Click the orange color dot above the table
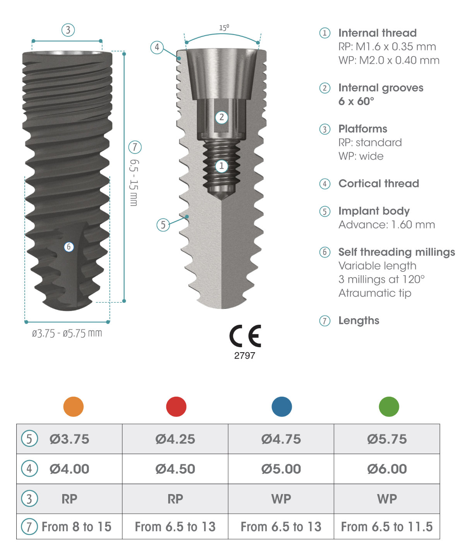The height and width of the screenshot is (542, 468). [73, 407]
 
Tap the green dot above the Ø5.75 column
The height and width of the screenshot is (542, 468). [389, 407]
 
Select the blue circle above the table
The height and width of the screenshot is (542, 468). [282, 407]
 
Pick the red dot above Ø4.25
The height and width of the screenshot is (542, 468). [176, 407]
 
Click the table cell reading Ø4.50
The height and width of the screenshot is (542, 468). [175, 469]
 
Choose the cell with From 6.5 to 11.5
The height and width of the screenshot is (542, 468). [387, 527]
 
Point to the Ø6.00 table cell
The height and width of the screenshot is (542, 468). [387, 469]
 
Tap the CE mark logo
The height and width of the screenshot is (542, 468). [245, 336]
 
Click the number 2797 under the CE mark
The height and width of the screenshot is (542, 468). [244, 356]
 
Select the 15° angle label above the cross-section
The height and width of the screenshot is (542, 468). [224, 28]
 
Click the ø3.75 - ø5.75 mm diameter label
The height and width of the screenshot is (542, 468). [67, 333]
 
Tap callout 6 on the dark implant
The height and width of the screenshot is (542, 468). [69, 247]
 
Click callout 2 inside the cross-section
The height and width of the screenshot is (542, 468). [222, 117]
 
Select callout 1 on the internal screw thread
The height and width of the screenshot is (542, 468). [222, 166]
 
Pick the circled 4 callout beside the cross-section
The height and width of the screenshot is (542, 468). [157, 47]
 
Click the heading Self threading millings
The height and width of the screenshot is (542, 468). [396, 252]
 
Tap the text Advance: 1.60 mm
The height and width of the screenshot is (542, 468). [386, 225]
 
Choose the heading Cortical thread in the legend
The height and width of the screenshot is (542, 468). [379, 184]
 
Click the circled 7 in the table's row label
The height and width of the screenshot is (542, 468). [29, 527]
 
